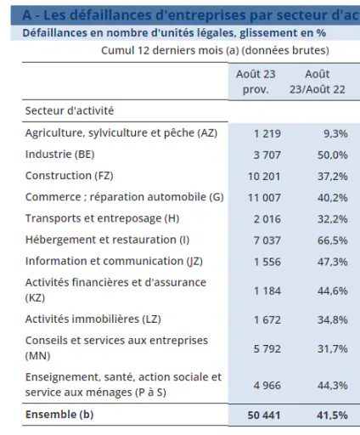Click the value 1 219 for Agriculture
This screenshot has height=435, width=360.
pos(267,133)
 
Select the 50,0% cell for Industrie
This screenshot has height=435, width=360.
pos(332,155)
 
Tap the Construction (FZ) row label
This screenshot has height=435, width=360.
pos(70,176)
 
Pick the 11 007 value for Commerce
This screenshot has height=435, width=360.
pos(264,198)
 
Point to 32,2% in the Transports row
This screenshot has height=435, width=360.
pos(332,219)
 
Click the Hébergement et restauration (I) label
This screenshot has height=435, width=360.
pos(107,240)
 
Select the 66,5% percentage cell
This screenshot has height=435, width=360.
pos(332,240)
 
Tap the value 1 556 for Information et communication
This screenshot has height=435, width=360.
pos(267,262)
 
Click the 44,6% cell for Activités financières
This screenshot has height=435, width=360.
pos(332,291)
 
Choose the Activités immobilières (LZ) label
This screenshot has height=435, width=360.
pos(93,319)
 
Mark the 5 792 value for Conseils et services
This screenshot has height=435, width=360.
pos(267,348)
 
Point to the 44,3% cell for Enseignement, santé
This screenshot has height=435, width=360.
pos(332,386)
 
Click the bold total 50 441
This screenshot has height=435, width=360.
pos(264,415)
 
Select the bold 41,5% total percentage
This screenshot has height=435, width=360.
pos(332,415)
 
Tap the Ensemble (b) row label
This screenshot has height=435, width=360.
pos(59,415)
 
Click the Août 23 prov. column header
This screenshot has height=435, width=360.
pos(256,82)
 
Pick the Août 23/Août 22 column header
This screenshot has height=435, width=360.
pos(318,82)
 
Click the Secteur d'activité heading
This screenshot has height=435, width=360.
pos(70,110)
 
